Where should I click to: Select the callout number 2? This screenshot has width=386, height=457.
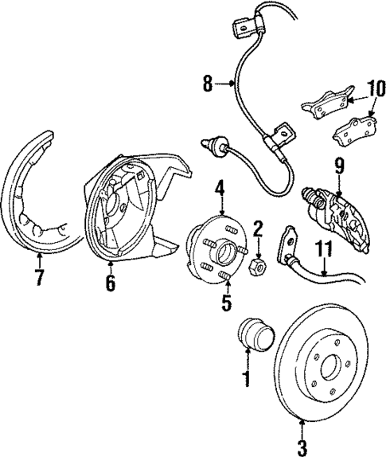257,230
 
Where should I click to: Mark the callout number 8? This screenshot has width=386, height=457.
209,82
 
